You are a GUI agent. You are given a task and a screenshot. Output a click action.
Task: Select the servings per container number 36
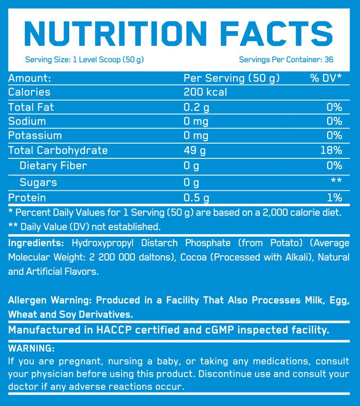328,60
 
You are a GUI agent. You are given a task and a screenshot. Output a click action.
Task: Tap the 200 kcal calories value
205,92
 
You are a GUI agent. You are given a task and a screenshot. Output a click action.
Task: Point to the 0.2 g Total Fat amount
196,107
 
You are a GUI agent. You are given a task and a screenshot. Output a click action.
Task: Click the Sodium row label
27,121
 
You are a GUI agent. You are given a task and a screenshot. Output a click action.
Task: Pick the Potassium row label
35,135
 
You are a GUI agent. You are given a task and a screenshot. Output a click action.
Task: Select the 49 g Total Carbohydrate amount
195,150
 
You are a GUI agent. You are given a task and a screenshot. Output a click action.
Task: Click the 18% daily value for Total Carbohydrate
332,150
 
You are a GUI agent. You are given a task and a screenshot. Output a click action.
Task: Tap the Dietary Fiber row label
53,166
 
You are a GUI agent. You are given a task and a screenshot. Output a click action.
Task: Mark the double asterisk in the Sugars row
337,181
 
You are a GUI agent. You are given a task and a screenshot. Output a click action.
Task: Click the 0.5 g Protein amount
196,198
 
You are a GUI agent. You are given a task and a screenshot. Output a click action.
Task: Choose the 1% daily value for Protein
335,198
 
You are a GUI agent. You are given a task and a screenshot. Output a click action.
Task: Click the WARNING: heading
31,348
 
